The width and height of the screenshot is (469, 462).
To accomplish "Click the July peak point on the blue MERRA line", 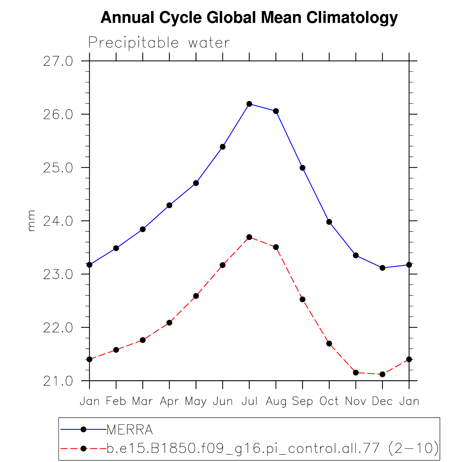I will point(249,104).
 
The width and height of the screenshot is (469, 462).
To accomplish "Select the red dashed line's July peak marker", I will point(249,237).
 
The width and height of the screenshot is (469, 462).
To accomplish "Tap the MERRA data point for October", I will point(329,222).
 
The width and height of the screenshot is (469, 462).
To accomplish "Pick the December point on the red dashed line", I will point(382,374).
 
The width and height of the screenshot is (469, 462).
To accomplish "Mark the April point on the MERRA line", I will point(169,205).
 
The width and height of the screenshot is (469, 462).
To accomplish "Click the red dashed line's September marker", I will point(303,299).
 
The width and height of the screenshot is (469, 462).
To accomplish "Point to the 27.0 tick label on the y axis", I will point(58,61).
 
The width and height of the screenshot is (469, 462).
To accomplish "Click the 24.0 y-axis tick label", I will point(58,221).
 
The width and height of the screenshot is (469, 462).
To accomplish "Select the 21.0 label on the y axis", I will point(58,381).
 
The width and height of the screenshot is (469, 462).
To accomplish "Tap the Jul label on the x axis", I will point(249,401).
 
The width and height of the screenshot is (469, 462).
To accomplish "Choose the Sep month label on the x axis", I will point(303,401).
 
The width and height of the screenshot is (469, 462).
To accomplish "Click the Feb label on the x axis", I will point(116,401).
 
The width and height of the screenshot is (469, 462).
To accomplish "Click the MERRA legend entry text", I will point(130,430).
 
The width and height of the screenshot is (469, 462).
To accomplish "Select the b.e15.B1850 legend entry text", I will point(272,449).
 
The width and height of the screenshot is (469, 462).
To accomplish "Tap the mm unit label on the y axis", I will point(32,221).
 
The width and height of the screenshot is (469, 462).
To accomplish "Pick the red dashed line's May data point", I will point(196,296).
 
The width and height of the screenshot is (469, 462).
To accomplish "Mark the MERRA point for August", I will point(276,111).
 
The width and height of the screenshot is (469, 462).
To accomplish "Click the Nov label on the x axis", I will point(356,401).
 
